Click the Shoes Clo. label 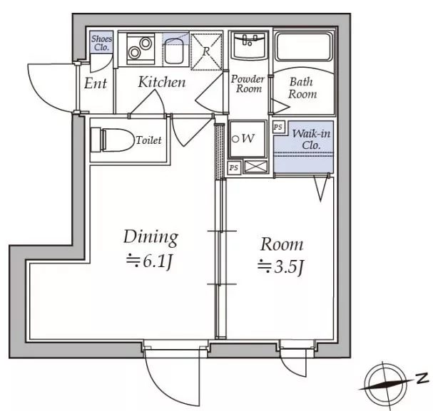(x=101, y=43)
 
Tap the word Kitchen (x=162, y=82)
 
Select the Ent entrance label (x=96, y=83)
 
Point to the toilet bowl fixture (x=111, y=140)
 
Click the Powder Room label (x=248, y=84)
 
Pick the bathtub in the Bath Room (x=304, y=47)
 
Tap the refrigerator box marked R (x=206, y=51)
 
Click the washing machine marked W (x=248, y=139)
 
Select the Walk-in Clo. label (x=311, y=140)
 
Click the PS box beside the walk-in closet (x=278, y=127)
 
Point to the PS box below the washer (x=234, y=167)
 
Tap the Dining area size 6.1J (x=149, y=261)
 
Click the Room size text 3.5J (x=280, y=267)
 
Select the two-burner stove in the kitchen (x=141, y=49)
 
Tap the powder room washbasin (x=249, y=45)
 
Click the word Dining (x=151, y=237)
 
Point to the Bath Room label (x=302, y=88)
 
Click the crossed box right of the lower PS (x=256, y=167)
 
